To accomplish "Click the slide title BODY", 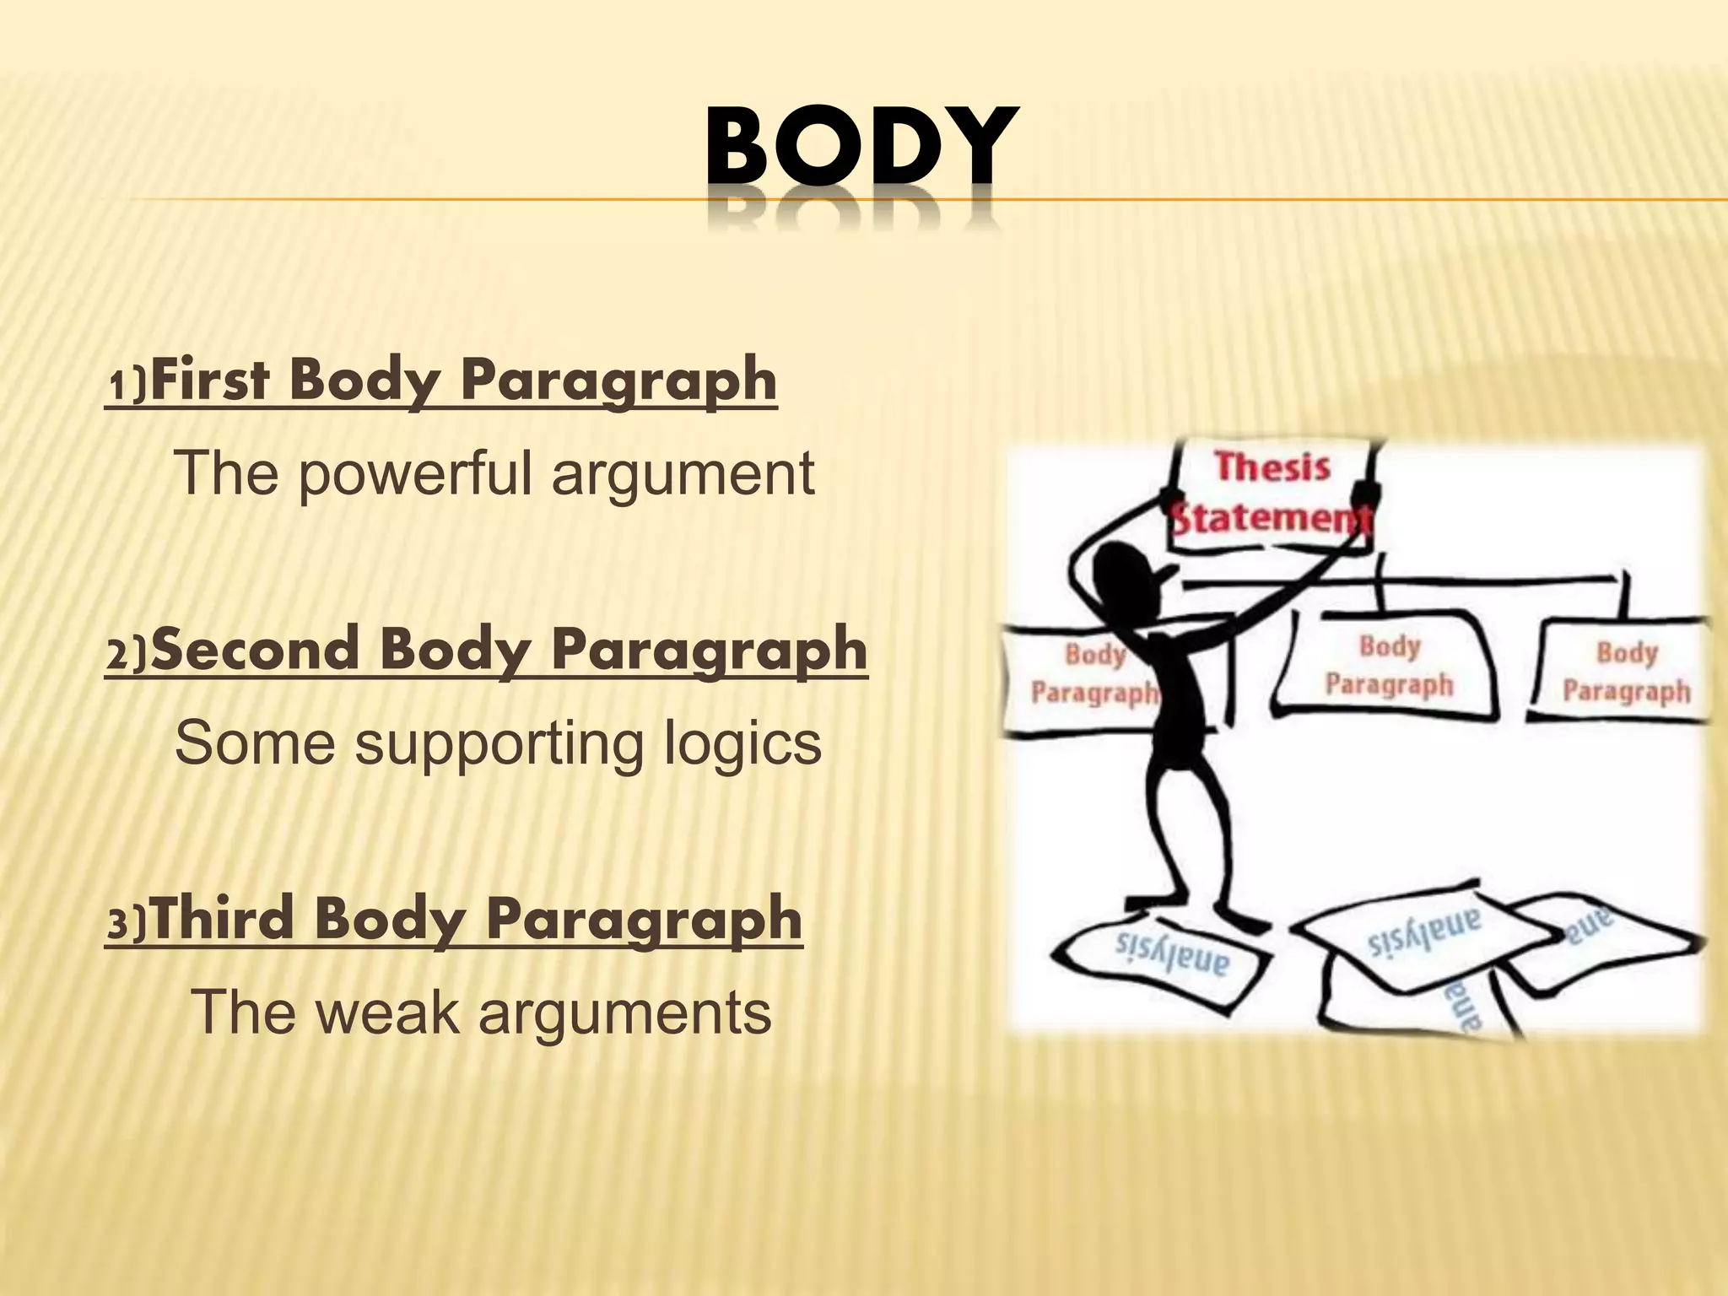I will point(860,148).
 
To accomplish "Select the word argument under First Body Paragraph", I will point(683,475).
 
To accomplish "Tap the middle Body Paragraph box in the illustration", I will point(1389,667).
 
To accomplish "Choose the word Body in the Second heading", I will point(455,650).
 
